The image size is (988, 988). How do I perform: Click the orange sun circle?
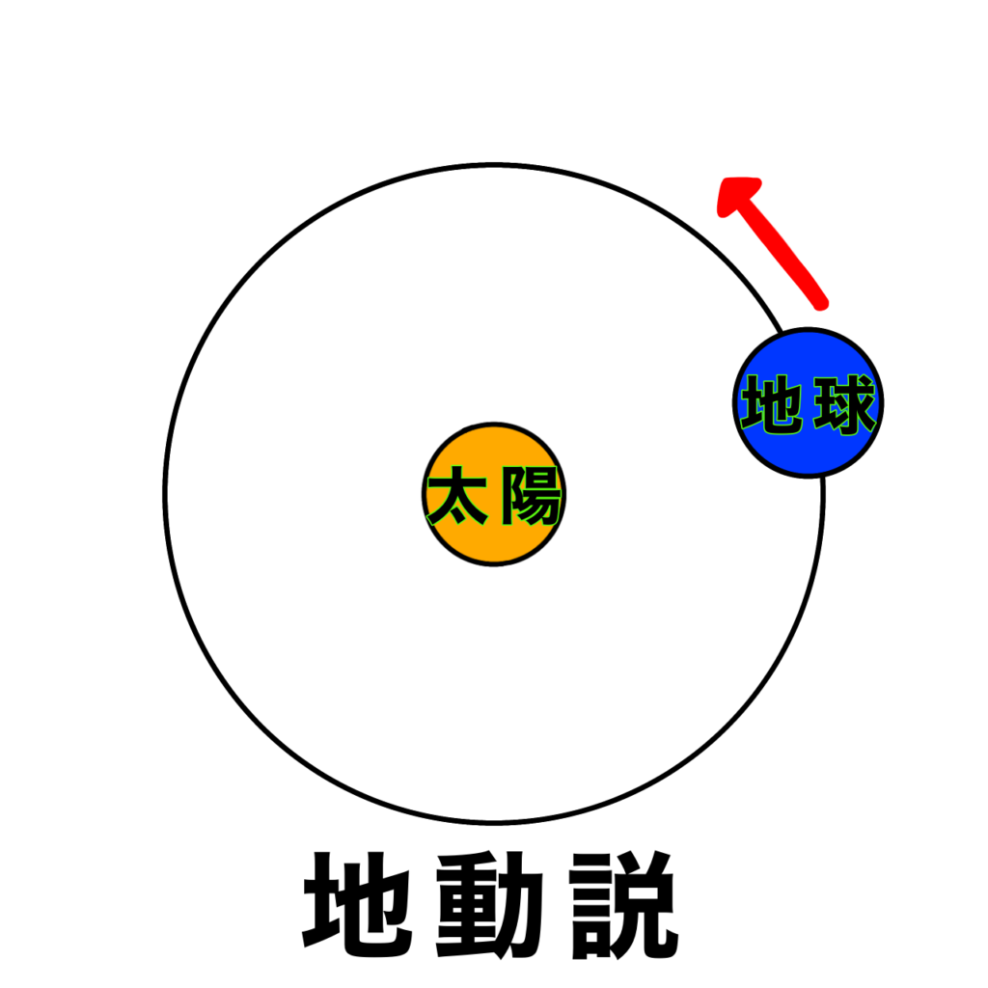(x=494, y=494)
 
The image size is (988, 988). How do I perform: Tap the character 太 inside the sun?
(x=456, y=495)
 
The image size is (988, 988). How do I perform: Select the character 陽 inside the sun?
(x=531, y=495)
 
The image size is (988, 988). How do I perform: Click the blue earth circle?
(x=809, y=402)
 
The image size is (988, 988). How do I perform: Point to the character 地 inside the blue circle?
(x=772, y=404)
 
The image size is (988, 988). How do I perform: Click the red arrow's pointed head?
(x=725, y=182)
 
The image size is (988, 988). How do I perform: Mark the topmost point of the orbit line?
(x=494, y=165)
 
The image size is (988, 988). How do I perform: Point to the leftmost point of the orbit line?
(x=165, y=494)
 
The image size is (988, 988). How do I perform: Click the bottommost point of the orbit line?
(x=494, y=823)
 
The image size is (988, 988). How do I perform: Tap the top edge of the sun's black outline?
(x=494, y=424)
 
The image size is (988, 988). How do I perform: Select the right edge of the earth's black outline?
(x=882, y=402)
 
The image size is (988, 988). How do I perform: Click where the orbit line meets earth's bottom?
(x=822, y=478)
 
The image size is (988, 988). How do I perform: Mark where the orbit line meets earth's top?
(x=782, y=332)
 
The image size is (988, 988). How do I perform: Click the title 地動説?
(x=491, y=905)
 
